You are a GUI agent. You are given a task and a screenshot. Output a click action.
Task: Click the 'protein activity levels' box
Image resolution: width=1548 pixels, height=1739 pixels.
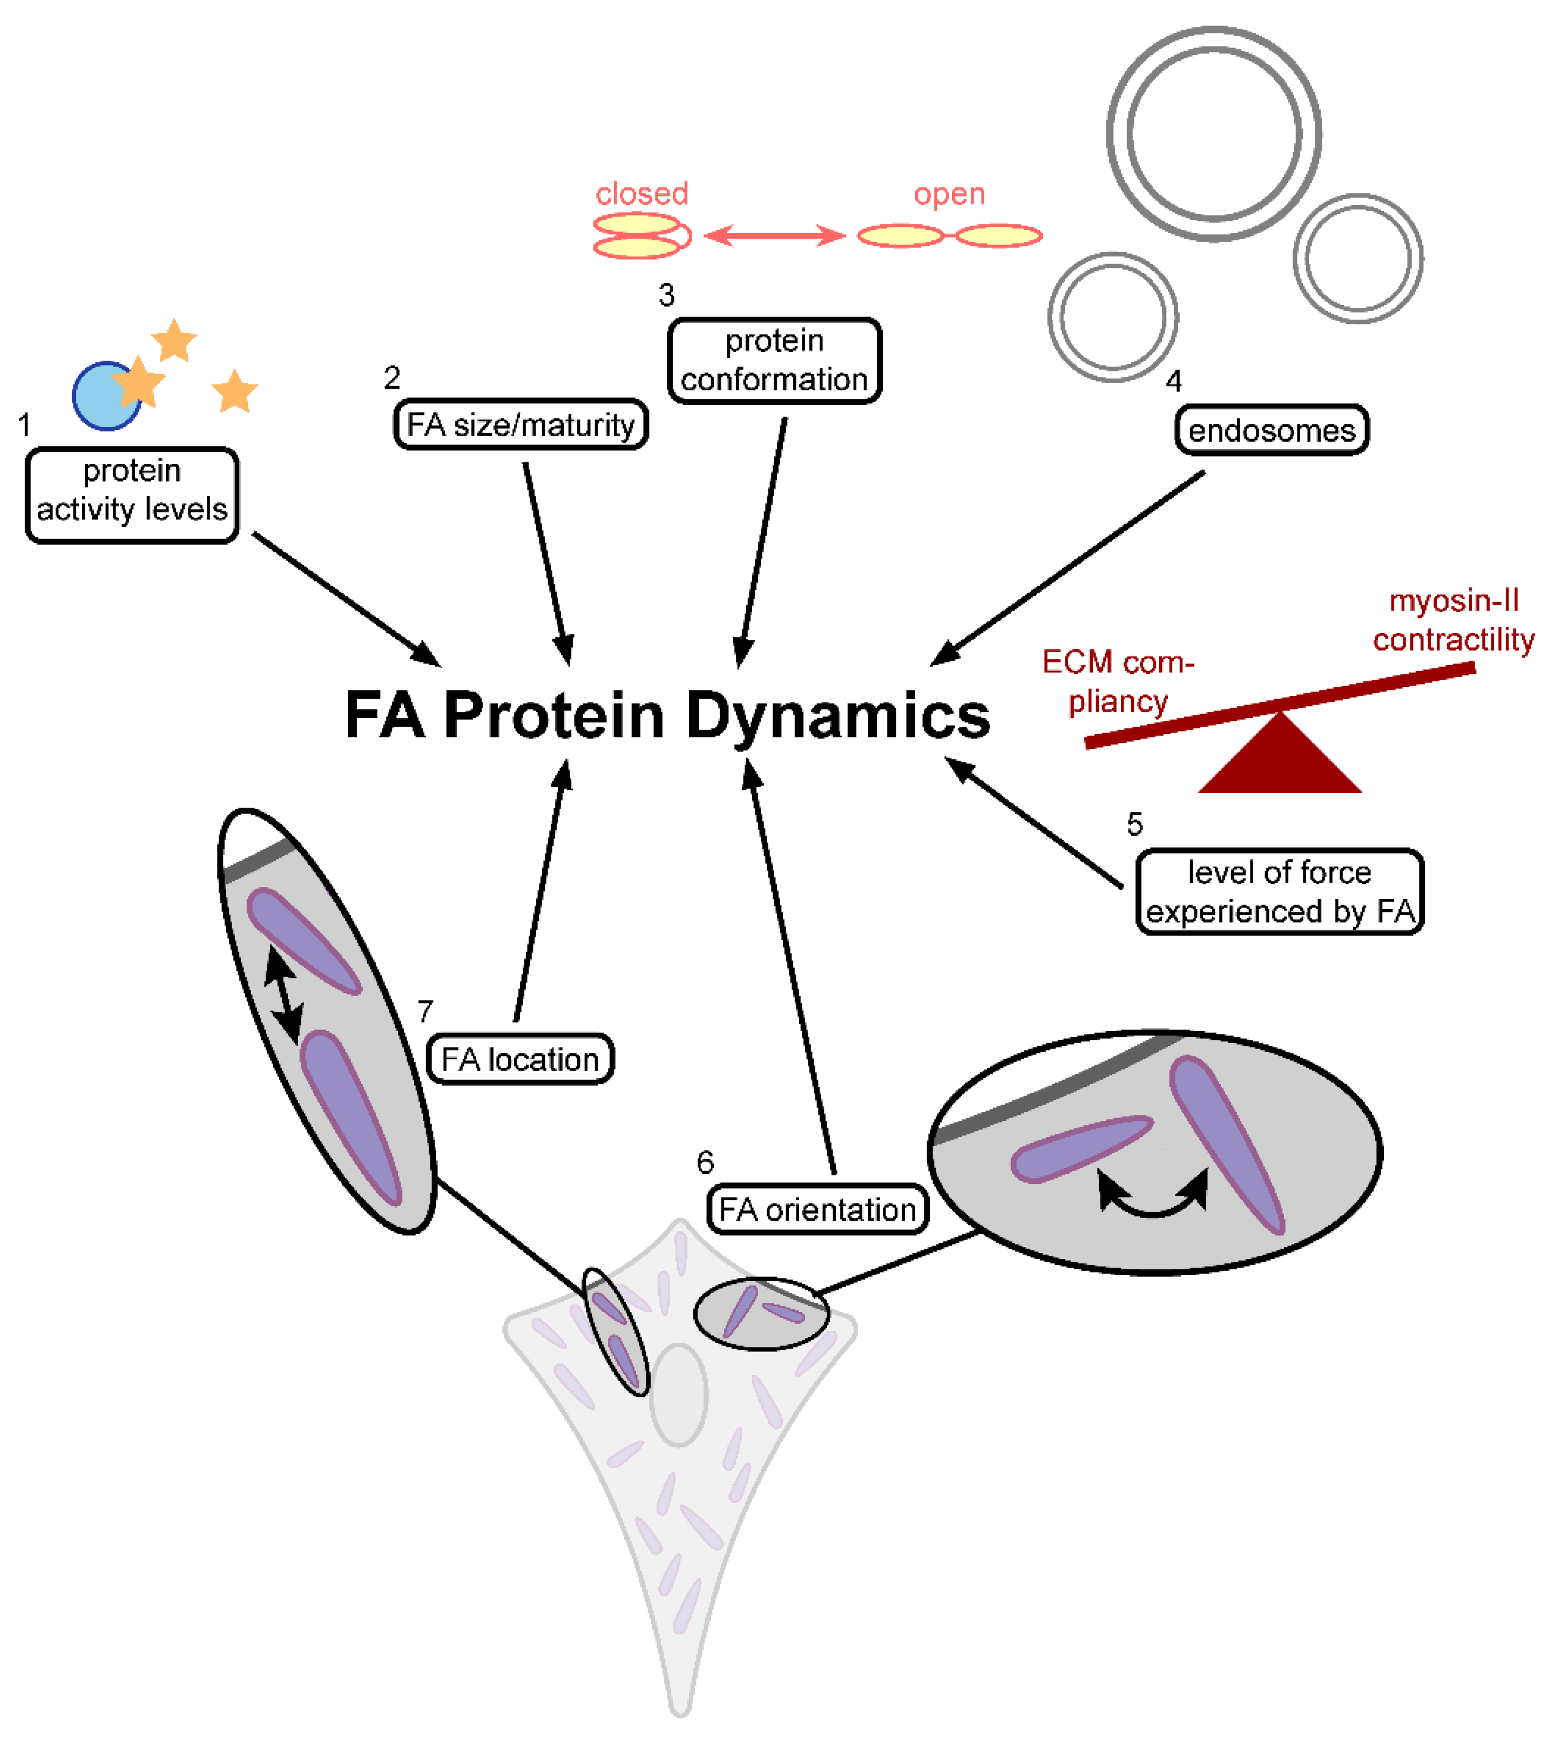pos(132,495)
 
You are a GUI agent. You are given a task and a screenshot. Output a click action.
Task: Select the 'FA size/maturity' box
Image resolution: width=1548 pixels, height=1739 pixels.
pos(521,424)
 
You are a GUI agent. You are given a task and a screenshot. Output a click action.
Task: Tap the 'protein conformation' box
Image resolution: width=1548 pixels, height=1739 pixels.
pos(774,360)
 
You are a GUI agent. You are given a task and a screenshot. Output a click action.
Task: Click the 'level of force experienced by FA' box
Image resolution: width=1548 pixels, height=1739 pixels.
pos(1279,891)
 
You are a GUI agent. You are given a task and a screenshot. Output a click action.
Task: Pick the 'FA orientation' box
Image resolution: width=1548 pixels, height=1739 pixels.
pos(817,1209)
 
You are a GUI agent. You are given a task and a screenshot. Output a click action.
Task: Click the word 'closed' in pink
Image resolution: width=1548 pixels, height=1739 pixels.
pos(641,194)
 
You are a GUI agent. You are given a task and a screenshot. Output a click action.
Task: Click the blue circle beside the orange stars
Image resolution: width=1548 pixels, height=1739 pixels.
pos(100,396)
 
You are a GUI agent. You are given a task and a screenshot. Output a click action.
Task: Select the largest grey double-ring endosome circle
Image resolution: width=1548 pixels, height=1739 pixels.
pos(1214,133)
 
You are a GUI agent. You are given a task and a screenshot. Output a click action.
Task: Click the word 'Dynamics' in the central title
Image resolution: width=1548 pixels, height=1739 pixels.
pos(837,716)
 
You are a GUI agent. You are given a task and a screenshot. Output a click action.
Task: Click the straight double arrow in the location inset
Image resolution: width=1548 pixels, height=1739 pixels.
pos(283,994)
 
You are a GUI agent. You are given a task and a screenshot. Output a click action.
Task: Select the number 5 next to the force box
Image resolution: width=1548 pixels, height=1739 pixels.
pos(1134,823)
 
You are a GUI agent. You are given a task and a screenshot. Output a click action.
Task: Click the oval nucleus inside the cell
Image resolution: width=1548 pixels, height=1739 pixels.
pos(678,1393)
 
